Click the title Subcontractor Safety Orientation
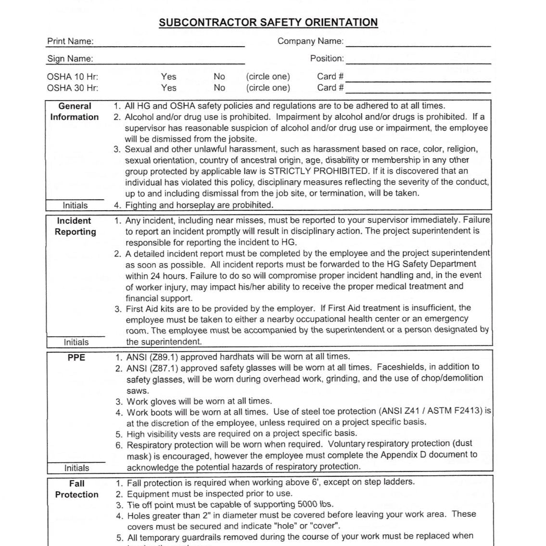(268, 23)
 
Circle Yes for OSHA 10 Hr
(168, 76)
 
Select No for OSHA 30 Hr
(219, 88)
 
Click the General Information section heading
(75, 112)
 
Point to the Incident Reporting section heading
(75, 226)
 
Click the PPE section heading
(76, 357)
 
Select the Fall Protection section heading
(76, 489)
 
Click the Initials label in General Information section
(75, 205)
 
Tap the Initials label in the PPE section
(76, 468)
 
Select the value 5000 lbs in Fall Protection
(315, 505)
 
